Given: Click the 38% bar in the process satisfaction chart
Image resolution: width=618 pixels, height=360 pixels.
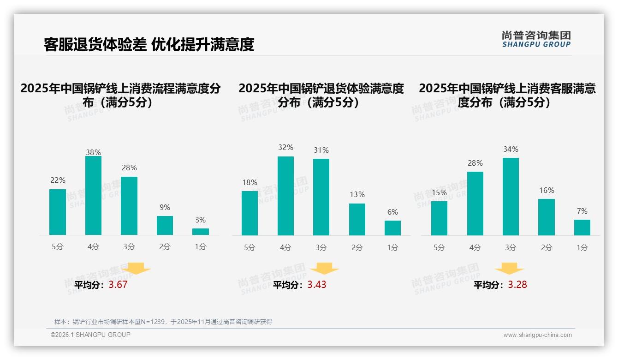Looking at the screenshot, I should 93,195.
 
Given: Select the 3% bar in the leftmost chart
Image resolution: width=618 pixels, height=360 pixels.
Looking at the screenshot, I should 201,232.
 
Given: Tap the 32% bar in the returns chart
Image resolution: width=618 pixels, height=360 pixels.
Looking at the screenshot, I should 285,196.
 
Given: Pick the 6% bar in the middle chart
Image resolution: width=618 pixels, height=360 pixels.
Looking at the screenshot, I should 392,228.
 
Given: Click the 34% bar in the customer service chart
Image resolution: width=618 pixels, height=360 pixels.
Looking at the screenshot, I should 511,197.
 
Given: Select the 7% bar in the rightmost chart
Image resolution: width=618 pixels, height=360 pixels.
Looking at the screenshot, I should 582,228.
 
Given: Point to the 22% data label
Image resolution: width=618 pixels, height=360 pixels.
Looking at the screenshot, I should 58,180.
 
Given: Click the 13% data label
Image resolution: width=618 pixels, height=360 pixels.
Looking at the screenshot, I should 357,195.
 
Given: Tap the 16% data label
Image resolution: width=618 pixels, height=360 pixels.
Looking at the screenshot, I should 547,190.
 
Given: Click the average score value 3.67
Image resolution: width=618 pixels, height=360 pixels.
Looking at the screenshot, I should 118,285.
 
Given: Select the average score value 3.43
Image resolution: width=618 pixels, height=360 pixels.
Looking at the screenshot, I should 317,285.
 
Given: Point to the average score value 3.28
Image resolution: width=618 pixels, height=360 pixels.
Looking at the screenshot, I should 517,285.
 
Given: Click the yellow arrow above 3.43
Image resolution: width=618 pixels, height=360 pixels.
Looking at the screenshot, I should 324,268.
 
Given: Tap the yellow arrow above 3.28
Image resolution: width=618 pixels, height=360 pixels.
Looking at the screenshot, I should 509,268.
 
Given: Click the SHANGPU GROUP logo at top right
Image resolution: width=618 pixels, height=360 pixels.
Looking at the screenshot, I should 536,39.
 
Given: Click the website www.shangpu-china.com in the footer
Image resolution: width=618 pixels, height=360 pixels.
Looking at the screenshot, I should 537,335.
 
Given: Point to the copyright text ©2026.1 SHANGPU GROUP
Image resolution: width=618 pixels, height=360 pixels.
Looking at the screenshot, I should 90,335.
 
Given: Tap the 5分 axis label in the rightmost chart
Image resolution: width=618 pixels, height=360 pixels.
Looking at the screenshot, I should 439,248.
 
